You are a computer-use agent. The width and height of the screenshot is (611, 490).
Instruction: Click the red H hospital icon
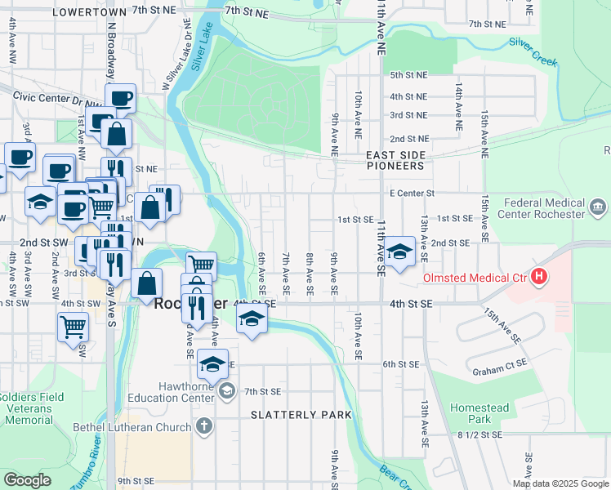538,278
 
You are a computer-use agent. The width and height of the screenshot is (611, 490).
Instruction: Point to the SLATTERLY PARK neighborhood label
301,415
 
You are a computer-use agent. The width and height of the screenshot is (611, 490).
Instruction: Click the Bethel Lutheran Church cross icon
203,425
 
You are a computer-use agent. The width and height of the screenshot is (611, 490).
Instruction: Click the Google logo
27,479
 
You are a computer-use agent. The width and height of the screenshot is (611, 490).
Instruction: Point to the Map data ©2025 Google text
560,483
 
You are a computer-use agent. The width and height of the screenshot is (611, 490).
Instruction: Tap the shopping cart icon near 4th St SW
73,327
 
